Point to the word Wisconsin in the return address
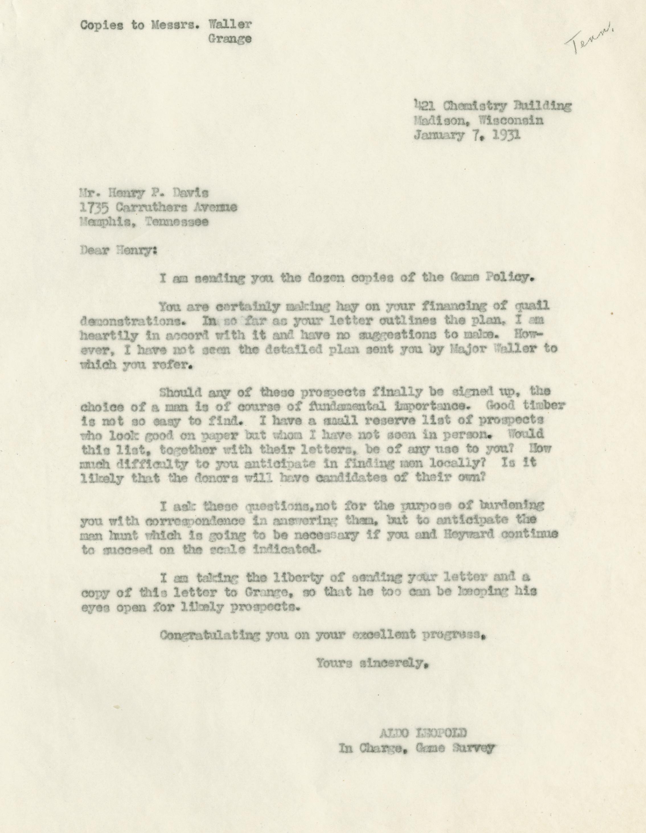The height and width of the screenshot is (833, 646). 511,121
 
